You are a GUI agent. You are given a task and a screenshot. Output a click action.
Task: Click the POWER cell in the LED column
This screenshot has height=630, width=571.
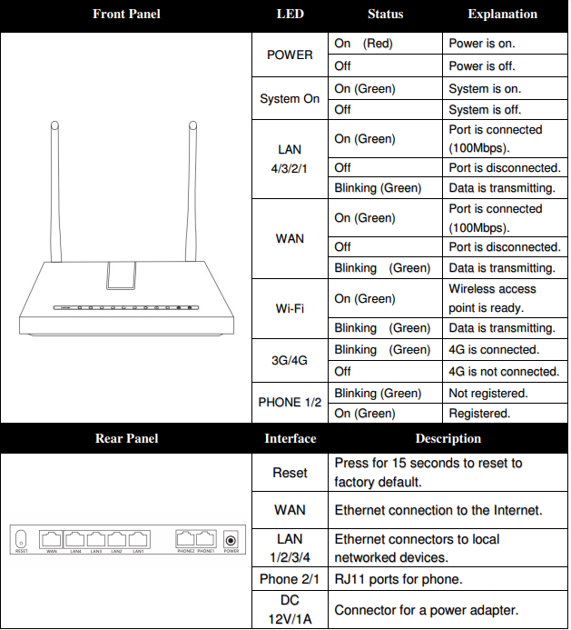tap(290, 55)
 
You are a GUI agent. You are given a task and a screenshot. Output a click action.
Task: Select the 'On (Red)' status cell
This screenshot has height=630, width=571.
tap(363, 44)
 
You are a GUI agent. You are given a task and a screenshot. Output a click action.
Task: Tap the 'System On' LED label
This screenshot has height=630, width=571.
tap(290, 99)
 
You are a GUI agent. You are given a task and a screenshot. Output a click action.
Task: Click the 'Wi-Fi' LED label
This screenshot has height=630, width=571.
tap(290, 308)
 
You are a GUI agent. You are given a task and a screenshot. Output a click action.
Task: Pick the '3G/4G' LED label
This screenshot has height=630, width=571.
tap(290, 360)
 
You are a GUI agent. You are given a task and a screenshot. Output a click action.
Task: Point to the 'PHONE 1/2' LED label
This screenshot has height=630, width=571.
tap(290, 403)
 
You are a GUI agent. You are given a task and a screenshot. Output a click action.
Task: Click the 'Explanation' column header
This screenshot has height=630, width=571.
tap(502, 15)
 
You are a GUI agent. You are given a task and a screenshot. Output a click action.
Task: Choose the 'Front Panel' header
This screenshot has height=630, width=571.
tap(126, 15)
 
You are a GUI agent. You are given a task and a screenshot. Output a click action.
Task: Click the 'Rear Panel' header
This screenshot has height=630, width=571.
tap(126, 438)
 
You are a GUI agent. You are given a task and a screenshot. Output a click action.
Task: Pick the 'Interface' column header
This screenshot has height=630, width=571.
tap(290, 438)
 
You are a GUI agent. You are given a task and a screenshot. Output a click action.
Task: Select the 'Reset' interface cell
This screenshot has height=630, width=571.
tap(290, 473)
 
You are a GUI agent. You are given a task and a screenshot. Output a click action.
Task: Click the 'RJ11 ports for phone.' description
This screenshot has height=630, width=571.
tap(399, 579)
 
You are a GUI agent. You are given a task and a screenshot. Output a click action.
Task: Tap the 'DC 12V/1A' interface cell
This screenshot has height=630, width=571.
tap(290, 609)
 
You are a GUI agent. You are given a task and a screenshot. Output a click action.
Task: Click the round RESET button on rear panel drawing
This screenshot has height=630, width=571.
tap(22, 539)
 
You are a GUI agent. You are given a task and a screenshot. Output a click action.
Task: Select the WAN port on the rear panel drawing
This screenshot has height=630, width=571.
tap(52, 538)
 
